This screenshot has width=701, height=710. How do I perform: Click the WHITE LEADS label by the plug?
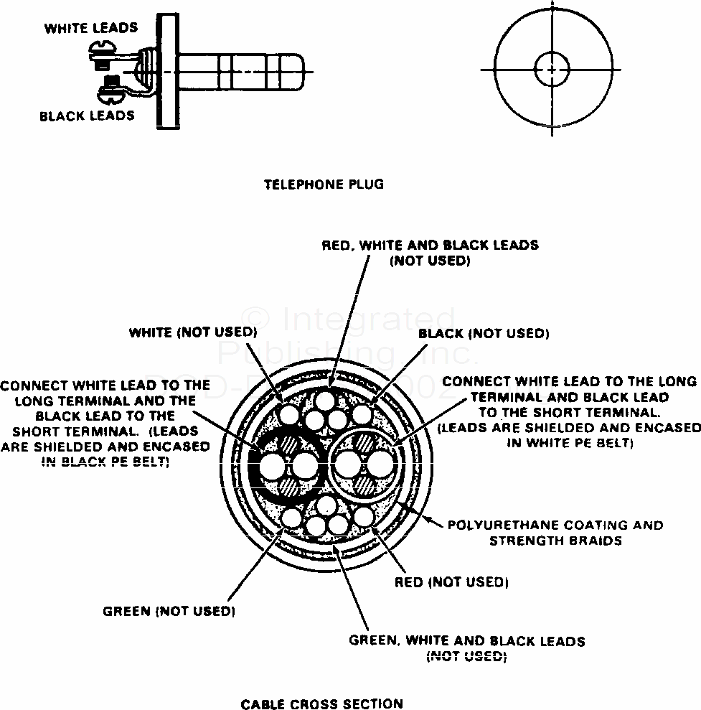[90, 29]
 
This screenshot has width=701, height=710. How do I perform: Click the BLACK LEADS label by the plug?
[87, 116]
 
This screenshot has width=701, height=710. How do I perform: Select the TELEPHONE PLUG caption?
[324, 184]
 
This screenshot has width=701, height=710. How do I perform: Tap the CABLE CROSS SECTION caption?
[321, 704]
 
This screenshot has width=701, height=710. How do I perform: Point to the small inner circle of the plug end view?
[551, 70]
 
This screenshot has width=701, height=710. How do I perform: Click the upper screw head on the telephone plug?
[102, 50]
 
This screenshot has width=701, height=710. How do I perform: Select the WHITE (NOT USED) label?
[192, 332]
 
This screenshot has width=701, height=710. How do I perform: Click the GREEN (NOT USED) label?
[169, 612]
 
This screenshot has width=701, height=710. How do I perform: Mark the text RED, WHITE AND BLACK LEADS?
[430, 245]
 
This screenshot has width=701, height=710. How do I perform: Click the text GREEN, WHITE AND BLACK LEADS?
[466, 640]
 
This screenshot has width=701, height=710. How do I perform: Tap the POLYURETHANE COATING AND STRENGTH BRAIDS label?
[555, 533]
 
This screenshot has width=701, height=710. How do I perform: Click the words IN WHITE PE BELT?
[570, 443]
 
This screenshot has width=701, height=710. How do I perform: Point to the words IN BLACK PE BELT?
[105, 462]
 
